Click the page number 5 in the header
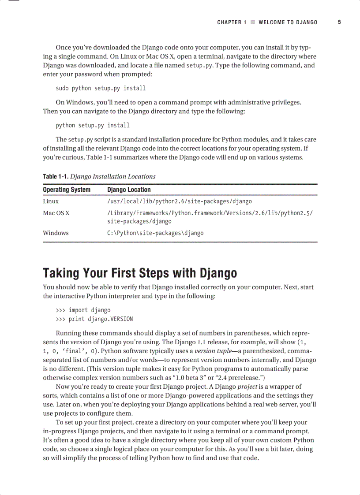(339, 22)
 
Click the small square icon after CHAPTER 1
(253, 22)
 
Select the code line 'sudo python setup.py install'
(101, 88)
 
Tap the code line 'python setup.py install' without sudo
(93, 125)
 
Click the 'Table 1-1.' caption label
(56, 176)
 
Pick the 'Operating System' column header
(67, 190)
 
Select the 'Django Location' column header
(129, 190)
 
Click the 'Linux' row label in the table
(51, 201)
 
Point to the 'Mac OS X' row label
(56, 213)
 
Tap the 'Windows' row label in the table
(56, 233)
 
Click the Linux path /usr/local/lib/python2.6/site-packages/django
(180, 201)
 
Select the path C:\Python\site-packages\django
(155, 233)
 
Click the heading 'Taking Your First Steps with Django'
(140, 273)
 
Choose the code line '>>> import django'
(83, 310)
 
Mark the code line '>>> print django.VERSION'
(94, 319)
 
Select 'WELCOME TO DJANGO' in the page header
(288, 22)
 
